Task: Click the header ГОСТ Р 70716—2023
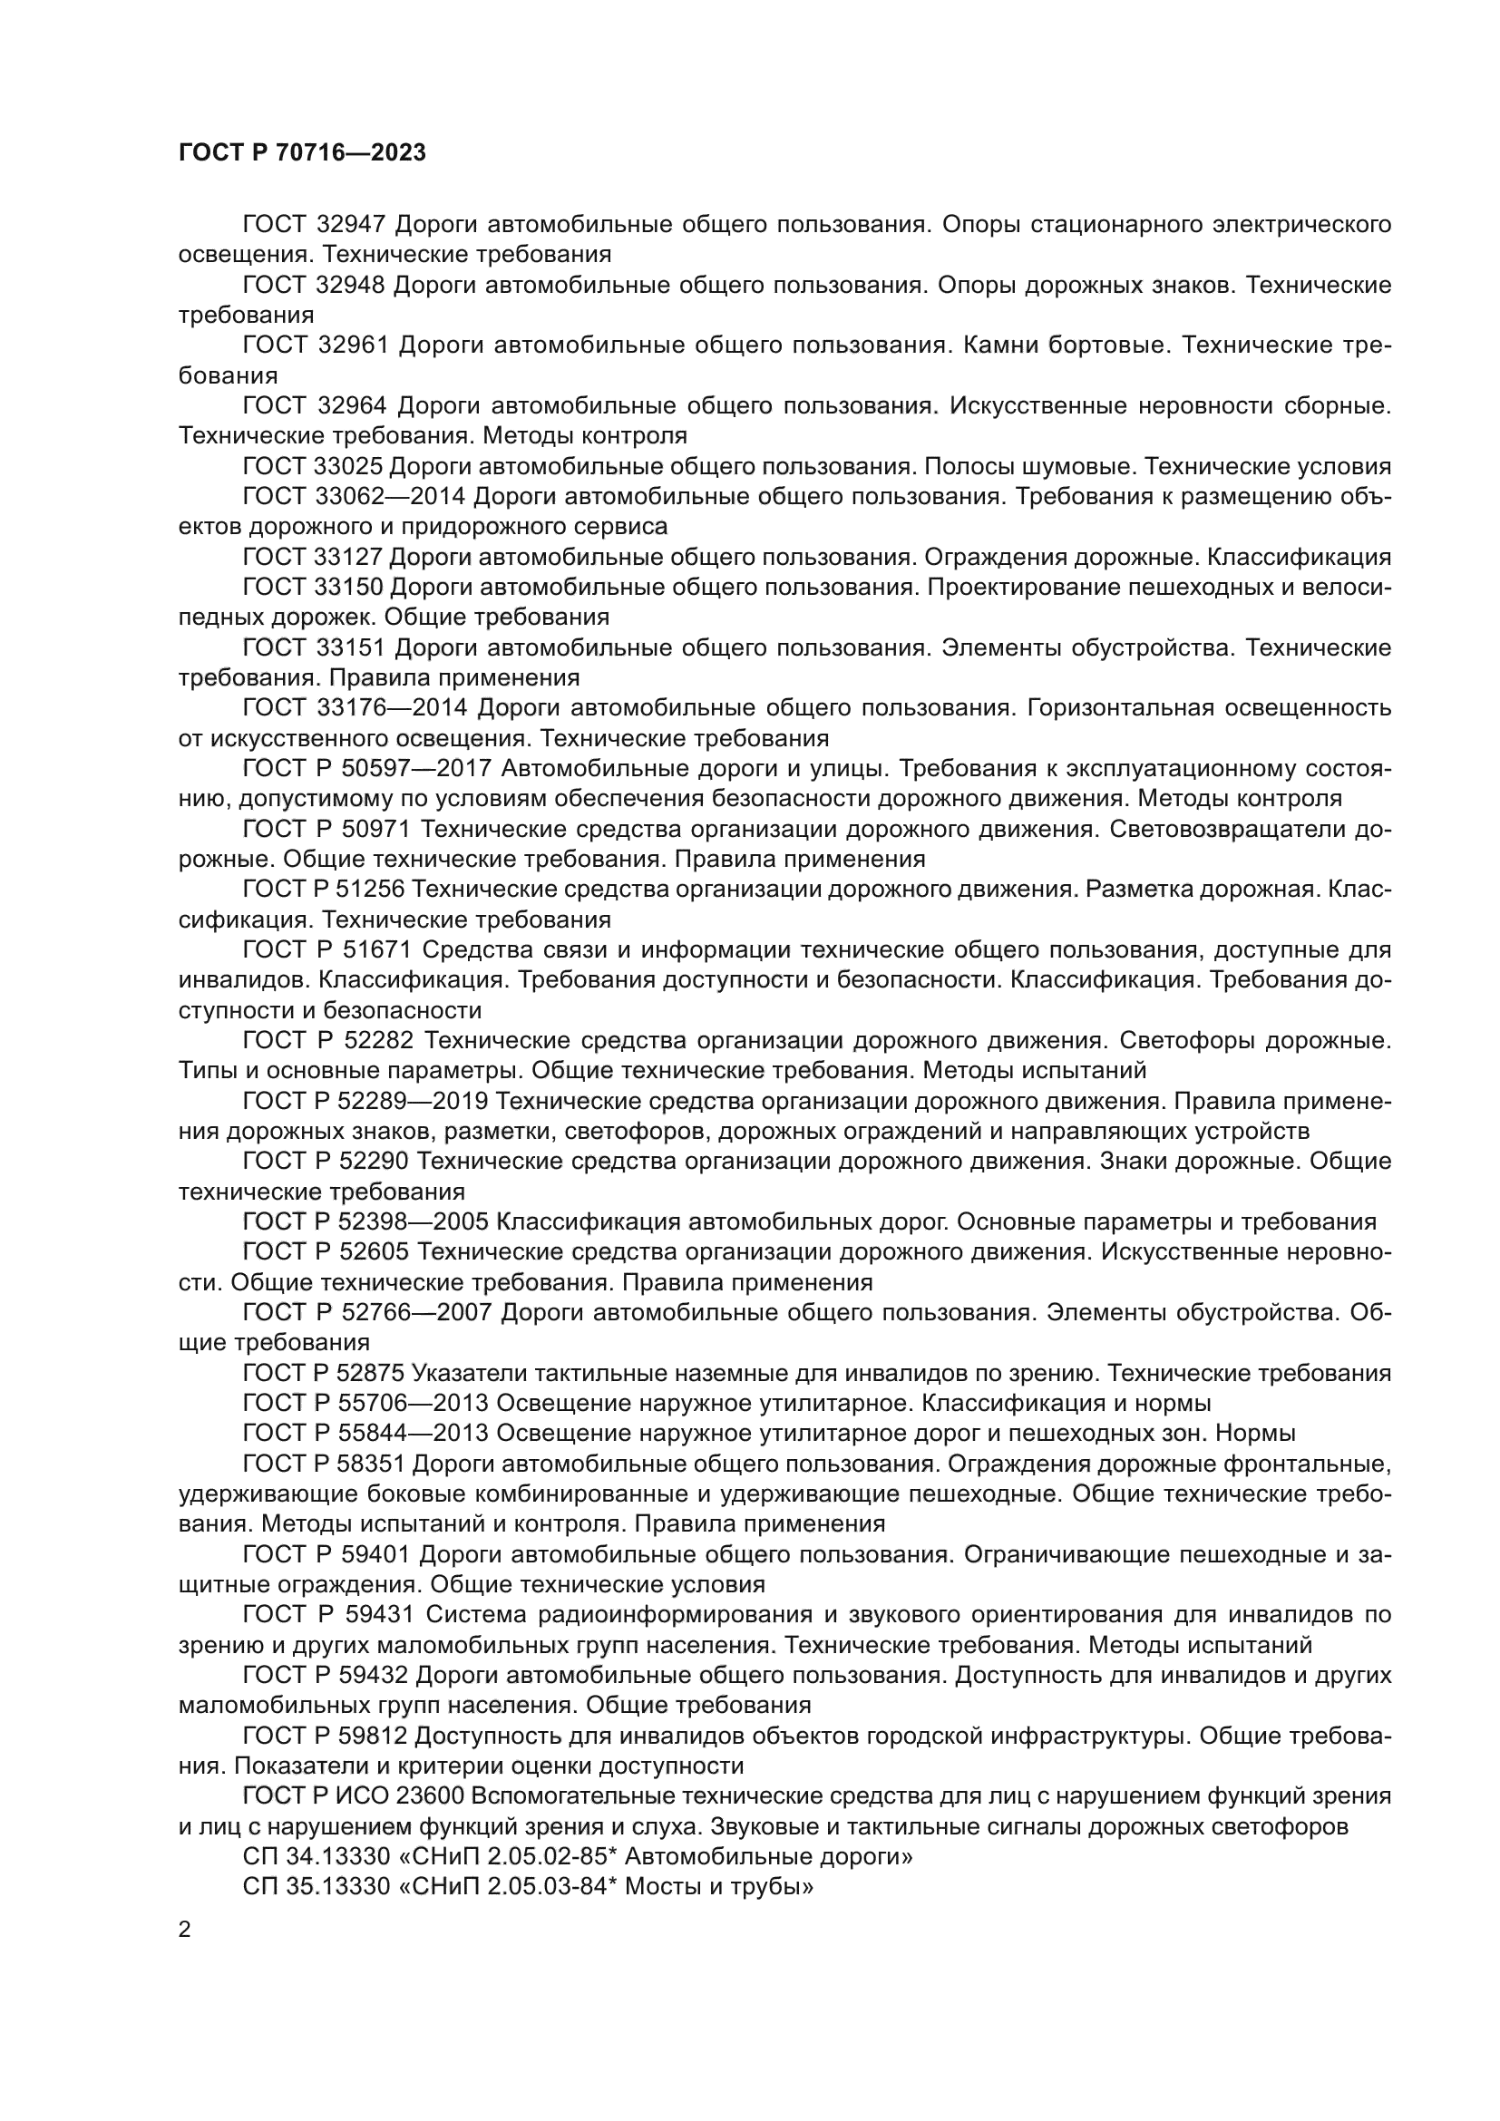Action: click(x=302, y=153)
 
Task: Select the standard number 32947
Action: click(x=351, y=225)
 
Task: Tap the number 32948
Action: click(x=350, y=286)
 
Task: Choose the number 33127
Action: click(x=349, y=557)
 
